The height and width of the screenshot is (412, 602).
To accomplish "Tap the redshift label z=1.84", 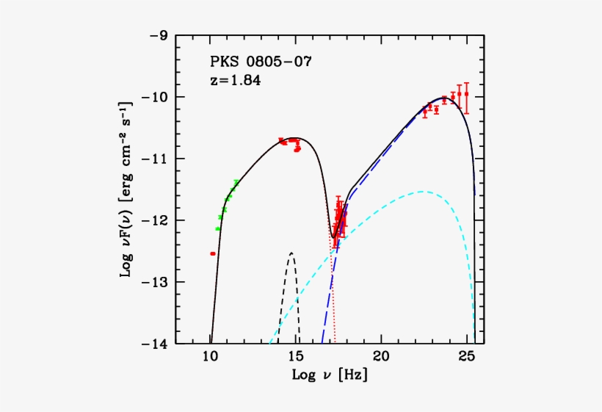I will [x=235, y=80].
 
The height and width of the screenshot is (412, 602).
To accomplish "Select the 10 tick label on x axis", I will [x=210, y=358].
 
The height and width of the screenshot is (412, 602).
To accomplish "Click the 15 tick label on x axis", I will [x=296, y=358].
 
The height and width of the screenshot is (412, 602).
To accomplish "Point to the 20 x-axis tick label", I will [x=381, y=358].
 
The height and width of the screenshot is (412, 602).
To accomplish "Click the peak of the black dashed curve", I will [x=291, y=253].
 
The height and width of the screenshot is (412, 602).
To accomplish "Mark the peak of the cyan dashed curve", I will [x=422, y=192].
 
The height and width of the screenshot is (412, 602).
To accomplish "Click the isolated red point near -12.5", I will [x=213, y=253].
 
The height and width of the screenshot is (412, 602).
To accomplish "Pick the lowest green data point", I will [x=217, y=228].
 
